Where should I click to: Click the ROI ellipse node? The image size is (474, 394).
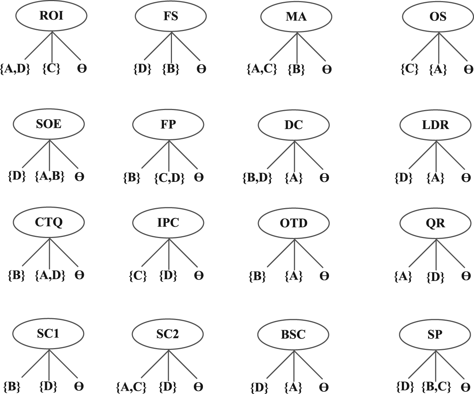click(51, 16)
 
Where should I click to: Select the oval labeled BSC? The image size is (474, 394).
click(293, 335)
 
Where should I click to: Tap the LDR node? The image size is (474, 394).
click(435, 125)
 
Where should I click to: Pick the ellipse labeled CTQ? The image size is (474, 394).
click(49, 222)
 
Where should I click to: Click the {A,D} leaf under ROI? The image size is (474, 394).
click(15, 69)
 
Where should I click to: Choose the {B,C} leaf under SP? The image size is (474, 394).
click(436, 386)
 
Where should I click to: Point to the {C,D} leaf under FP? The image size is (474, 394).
click(169, 178)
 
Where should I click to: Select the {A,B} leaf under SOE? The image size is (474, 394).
click(50, 176)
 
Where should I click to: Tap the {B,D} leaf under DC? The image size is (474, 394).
click(258, 178)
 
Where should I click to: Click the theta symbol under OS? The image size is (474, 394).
click(468, 69)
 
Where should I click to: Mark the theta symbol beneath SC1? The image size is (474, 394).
click(79, 386)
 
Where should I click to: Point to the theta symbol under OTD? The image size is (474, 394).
click(324, 276)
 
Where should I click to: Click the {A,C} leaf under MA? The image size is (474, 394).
click(262, 69)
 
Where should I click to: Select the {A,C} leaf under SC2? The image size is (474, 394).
click(132, 386)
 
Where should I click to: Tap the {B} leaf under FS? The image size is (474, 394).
click(171, 69)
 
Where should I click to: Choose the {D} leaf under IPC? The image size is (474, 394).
click(168, 276)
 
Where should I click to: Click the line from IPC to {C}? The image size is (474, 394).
click(155, 253)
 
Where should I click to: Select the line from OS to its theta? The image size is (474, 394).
click(453, 47)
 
